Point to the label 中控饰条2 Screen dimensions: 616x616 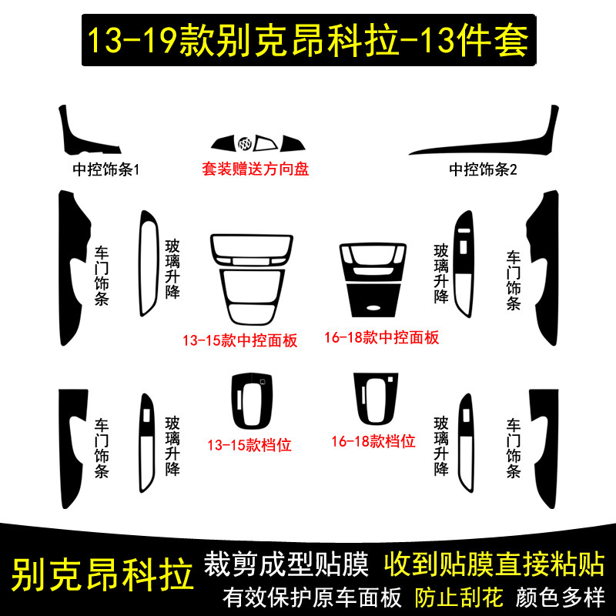pos(484,169)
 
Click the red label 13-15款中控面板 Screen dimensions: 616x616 pos(239,340)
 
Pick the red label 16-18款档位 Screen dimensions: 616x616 pos(373,441)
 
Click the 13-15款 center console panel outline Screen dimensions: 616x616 pos(250,278)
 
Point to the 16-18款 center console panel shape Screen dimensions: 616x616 pos(376,278)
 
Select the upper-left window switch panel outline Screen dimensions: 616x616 pos(147,262)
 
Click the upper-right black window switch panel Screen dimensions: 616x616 pos(466,262)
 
